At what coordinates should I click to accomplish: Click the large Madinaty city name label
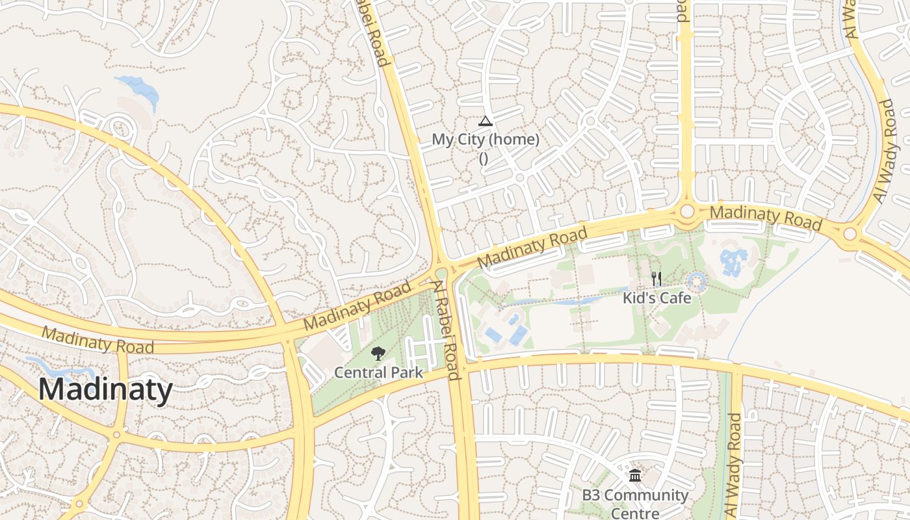tap(105, 390)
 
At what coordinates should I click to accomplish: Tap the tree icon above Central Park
tap(378, 354)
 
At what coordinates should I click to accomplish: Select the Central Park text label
tap(378, 373)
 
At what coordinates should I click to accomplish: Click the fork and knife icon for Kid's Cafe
tap(656, 279)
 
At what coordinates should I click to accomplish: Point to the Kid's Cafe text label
tap(656, 298)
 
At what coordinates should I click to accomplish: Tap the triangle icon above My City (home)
tap(485, 121)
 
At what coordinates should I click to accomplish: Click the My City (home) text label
tap(485, 140)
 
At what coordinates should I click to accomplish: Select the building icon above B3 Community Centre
tap(635, 476)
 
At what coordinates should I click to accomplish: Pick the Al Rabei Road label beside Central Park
tap(447, 330)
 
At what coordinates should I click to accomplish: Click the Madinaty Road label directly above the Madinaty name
tap(97, 340)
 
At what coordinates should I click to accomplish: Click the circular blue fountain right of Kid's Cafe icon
tap(697, 282)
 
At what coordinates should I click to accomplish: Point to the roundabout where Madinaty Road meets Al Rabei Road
tap(442, 274)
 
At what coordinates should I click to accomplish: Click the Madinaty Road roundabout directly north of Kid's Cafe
tap(686, 212)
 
